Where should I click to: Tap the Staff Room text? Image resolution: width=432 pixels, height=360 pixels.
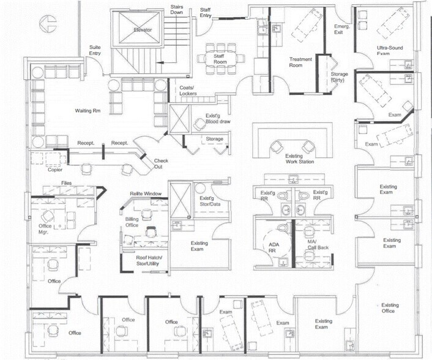(220, 59)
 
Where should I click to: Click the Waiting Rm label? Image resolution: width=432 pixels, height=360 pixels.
(88, 111)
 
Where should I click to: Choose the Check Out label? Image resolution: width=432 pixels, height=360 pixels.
(162, 163)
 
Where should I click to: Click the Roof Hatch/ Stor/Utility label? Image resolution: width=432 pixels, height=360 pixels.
(149, 261)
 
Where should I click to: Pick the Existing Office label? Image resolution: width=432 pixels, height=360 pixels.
(390, 308)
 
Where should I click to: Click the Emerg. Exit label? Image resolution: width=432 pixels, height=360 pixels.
(341, 30)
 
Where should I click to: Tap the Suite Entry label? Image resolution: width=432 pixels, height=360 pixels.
(95, 50)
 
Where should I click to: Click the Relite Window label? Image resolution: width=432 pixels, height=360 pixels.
(146, 194)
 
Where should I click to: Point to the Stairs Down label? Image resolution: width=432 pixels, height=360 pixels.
(177, 9)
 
